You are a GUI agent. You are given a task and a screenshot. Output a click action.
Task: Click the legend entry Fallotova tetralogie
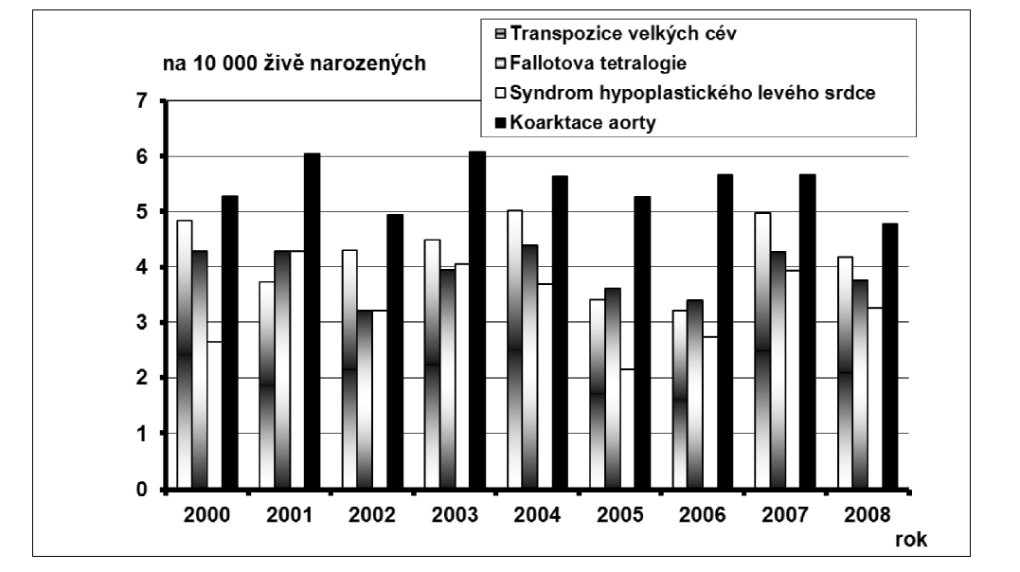tap(598, 63)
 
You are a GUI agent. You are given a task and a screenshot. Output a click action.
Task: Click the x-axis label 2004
tap(536, 516)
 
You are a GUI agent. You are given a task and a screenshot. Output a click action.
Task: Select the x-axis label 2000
tap(205, 516)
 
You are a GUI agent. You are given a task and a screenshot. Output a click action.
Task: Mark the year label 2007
tap(783, 516)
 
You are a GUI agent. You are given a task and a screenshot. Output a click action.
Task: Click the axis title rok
tap(912, 540)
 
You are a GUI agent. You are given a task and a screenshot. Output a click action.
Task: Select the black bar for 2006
tap(725, 332)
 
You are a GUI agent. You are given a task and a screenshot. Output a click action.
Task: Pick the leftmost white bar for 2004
tap(516, 350)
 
